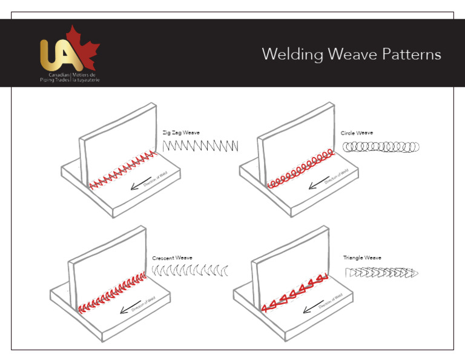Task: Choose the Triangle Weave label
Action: tap(362, 258)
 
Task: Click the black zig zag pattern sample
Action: tap(200, 145)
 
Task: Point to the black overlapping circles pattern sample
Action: tap(381, 146)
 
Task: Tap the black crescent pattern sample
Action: tap(190, 270)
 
